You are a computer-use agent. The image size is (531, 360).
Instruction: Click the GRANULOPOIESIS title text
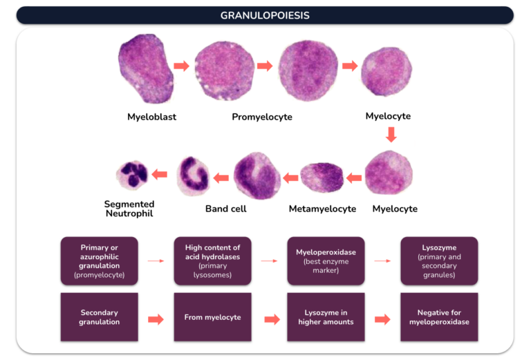[x=265, y=15]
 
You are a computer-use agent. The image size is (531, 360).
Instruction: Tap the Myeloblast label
[x=151, y=117]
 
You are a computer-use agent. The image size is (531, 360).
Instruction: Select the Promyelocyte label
[x=262, y=117]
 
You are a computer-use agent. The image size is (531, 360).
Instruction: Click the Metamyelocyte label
[x=322, y=209]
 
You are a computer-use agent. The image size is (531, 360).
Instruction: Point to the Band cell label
[x=226, y=209]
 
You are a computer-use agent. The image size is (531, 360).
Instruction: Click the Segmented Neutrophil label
[x=129, y=209]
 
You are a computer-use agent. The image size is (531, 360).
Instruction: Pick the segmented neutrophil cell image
[x=132, y=175]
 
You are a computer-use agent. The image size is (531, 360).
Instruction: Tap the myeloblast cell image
[x=146, y=68]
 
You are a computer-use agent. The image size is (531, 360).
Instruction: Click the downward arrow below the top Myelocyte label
[x=391, y=134]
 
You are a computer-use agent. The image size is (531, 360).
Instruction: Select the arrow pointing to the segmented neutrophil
[x=160, y=175]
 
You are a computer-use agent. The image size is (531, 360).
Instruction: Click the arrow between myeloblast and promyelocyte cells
[x=182, y=66]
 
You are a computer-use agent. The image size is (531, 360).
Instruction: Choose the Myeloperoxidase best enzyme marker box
[x=326, y=261]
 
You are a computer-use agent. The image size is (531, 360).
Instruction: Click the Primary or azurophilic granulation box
[x=100, y=261]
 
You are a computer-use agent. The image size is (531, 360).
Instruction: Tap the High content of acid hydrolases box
[x=213, y=261]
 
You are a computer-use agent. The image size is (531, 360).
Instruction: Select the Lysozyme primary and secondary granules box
[x=439, y=261]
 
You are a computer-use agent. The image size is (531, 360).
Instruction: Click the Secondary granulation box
[x=100, y=317]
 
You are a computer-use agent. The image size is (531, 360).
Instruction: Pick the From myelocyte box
[x=213, y=317]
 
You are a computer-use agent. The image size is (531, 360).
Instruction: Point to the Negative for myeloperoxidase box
[x=439, y=317]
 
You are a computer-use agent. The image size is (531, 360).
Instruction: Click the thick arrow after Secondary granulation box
[x=156, y=319]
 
